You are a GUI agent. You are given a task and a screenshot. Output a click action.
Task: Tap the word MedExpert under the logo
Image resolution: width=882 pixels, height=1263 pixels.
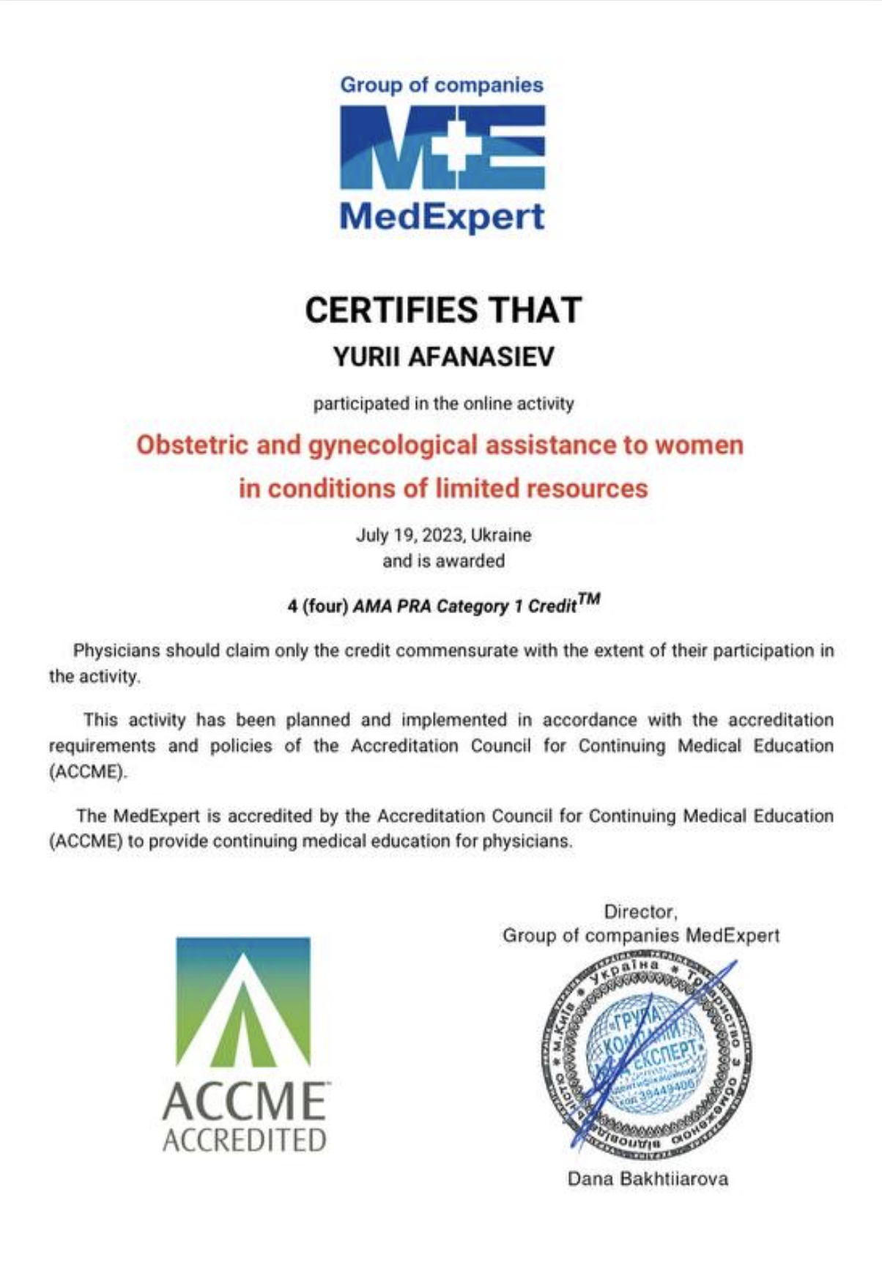(442, 217)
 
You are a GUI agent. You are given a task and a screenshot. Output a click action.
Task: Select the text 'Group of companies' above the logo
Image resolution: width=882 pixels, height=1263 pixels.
(442, 85)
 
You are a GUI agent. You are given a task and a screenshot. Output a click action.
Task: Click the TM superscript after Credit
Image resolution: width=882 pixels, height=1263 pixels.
(588, 600)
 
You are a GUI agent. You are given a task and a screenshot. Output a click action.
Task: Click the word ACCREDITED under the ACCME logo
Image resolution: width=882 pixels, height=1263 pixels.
(244, 1141)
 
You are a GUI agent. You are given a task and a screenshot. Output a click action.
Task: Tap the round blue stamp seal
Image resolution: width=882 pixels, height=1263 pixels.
(646, 1059)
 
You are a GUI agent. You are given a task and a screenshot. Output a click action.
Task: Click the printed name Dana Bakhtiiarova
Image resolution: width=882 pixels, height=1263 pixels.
(648, 1179)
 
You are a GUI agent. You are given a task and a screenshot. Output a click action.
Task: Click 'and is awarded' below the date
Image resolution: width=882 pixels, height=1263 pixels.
(443, 561)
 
